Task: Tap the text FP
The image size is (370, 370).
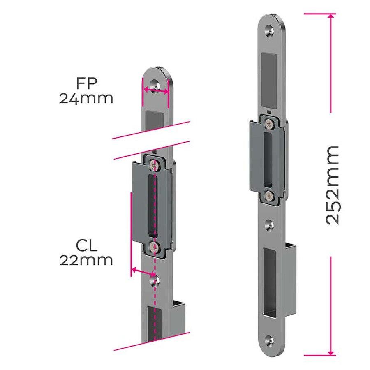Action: click(x=86, y=83)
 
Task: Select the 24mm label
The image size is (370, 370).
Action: click(x=86, y=99)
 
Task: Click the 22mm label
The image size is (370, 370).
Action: click(x=86, y=260)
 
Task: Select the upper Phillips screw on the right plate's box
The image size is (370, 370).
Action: click(x=269, y=123)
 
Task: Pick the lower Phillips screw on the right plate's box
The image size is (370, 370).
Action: click(x=268, y=196)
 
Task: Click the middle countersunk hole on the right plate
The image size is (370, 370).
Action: click(x=268, y=224)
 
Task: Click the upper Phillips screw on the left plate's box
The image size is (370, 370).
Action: click(x=154, y=164)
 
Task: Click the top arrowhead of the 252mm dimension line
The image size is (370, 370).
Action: click(x=331, y=16)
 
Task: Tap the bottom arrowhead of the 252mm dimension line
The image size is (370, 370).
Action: click(x=331, y=353)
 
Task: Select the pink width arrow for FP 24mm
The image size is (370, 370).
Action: click(x=155, y=91)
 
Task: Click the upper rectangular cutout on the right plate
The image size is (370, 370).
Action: click(x=269, y=79)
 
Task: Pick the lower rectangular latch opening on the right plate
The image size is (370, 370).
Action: click(x=269, y=284)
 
